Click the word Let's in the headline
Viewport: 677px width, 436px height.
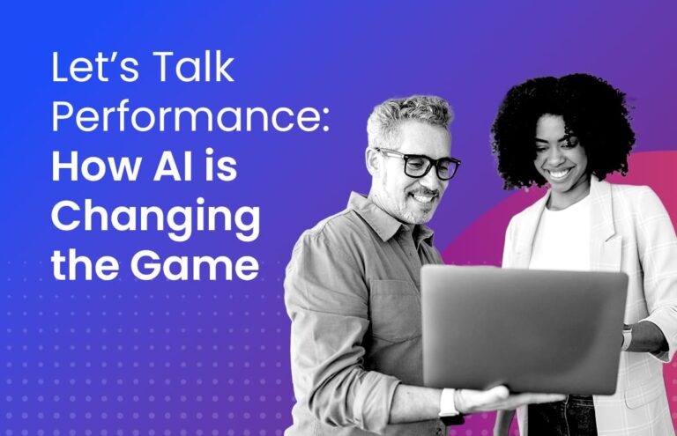[92, 70]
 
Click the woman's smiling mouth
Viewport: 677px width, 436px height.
[559, 174]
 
